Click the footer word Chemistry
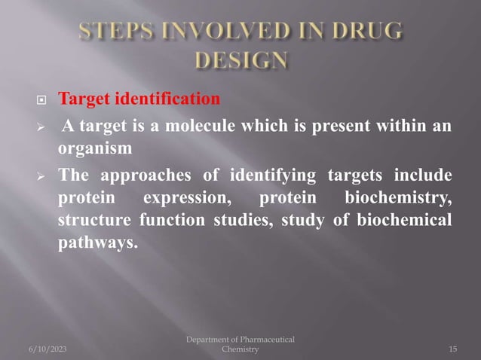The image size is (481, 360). coord(240,349)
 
